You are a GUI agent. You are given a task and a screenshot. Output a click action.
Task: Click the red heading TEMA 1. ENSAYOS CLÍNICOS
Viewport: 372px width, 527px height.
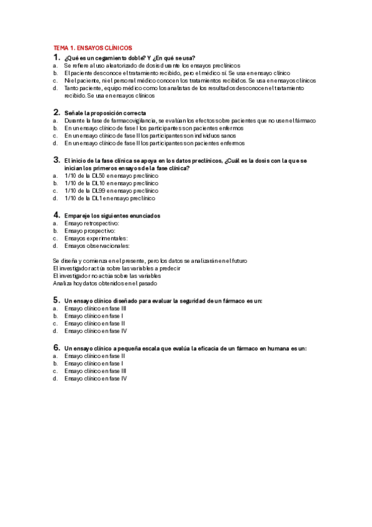pos(93,48)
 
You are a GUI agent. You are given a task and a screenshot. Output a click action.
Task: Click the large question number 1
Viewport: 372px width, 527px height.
pos(57,57)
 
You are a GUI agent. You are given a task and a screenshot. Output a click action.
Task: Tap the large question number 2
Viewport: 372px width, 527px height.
pos(57,112)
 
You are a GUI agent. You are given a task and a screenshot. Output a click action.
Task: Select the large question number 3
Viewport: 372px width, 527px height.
pos(57,160)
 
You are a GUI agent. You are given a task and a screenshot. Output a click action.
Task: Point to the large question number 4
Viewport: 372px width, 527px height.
pos(57,215)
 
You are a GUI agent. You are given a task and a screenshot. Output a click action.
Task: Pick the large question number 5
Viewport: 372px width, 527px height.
pos(57,300)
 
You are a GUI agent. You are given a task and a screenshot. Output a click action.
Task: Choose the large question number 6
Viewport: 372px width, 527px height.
pos(57,348)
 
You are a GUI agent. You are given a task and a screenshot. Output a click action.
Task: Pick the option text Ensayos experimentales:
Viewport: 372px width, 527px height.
pos(96,238)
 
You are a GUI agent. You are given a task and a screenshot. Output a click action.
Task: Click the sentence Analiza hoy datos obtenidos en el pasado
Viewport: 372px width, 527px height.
pos(105,283)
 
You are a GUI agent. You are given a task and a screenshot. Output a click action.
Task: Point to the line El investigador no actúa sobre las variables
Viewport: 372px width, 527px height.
pos(107,275)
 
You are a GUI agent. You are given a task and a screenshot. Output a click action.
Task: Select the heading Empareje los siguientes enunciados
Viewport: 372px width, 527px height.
pos(112,216)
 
